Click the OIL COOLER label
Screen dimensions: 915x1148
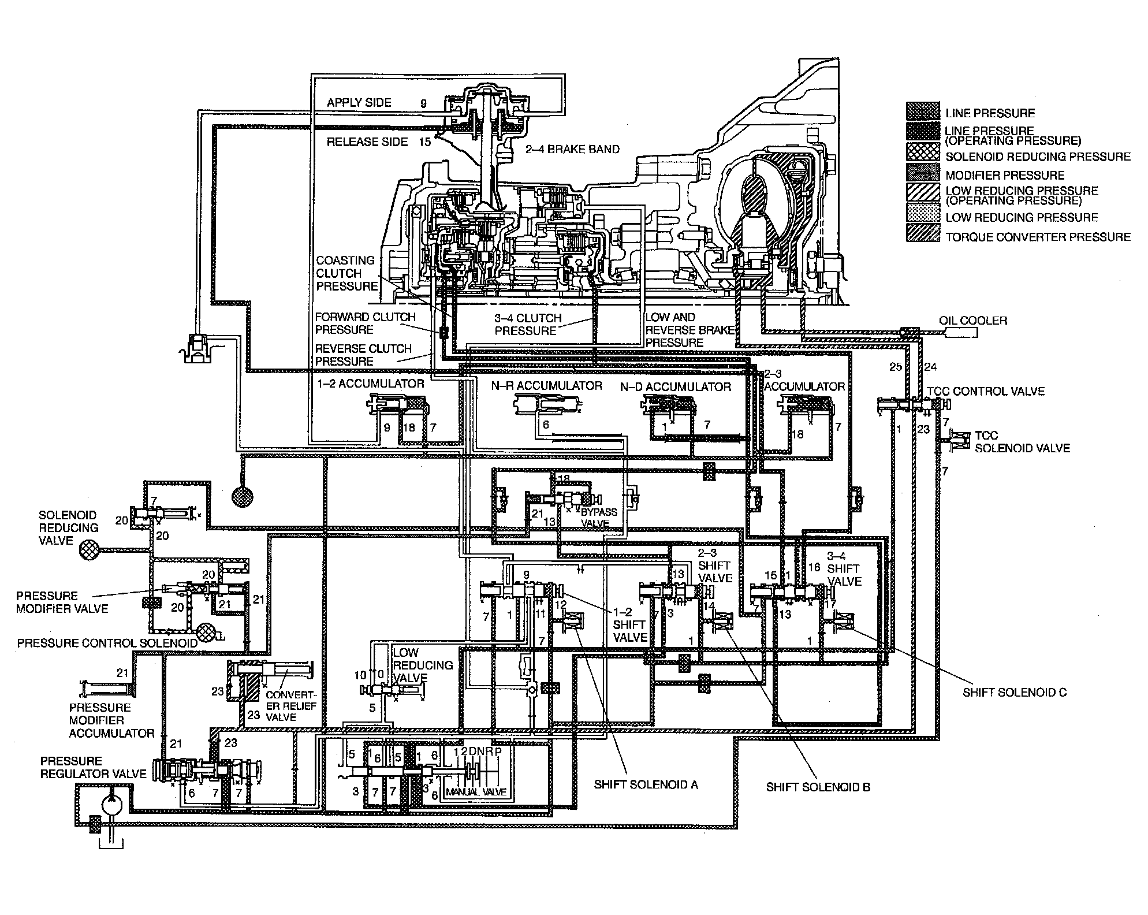click(972, 321)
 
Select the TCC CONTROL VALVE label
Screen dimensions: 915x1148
click(985, 392)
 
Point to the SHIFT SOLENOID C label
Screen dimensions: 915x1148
click(1014, 693)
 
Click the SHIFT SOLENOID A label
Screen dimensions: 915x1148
click(646, 784)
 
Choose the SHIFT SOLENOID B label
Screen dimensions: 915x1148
click(818, 787)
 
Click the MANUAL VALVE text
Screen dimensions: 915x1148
click(476, 792)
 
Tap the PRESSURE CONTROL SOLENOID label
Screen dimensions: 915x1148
click(107, 643)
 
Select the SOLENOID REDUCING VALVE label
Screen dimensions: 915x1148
click(68, 528)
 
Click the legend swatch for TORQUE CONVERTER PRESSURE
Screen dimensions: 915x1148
click(923, 237)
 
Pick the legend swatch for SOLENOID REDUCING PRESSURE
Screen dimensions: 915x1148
click(923, 157)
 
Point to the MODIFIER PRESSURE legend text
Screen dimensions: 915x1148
click(1004, 175)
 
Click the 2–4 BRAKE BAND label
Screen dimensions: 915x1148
click(572, 149)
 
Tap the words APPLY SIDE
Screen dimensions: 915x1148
click(359, 103)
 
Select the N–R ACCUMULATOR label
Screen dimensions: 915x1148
click(546, 386)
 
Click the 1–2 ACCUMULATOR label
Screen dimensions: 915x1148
click(371, 384)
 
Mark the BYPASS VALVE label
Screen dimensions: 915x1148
click(598, 518)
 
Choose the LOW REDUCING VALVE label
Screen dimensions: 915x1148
click(422, 665)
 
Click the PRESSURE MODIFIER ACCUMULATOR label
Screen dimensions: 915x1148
click(111, 720)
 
